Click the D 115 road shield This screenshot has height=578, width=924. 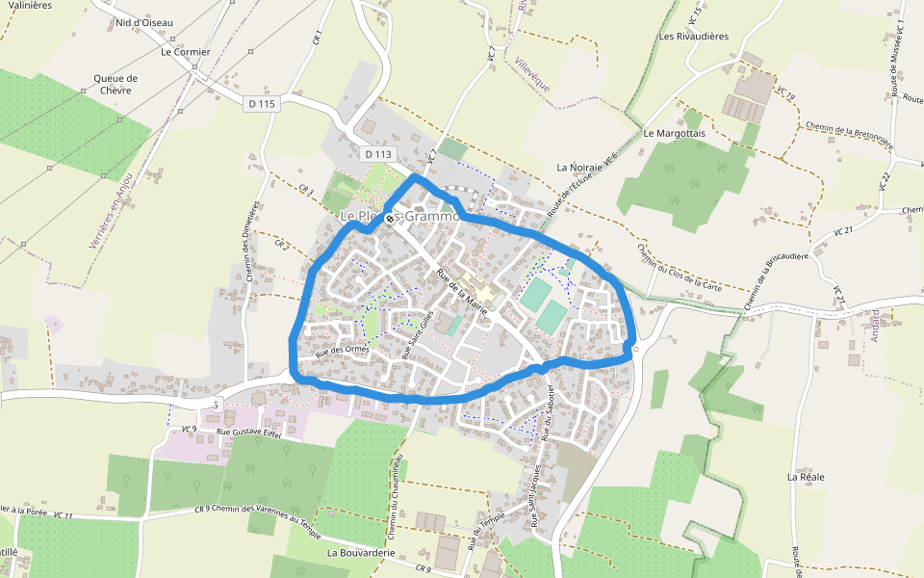pos(261,103)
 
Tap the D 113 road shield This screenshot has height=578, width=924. pos(379,153)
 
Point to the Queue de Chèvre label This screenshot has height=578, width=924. pos(115,85)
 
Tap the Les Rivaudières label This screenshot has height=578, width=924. pos(694,36)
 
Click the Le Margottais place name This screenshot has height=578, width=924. pos(675,132)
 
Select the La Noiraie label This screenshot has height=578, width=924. pos(579,167)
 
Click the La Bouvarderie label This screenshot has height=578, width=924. pos(363,554)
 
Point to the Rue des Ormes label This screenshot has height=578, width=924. pos(342,350)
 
